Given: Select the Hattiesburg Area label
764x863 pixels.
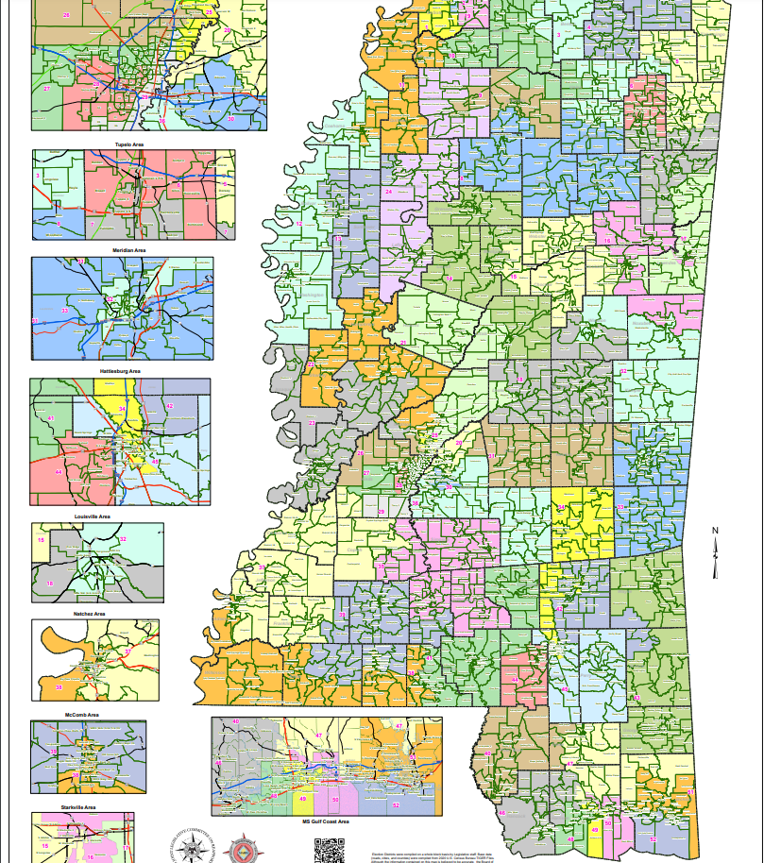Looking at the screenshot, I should click(x=120, y=372).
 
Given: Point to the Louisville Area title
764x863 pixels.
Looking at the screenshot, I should click(x=93, y=517).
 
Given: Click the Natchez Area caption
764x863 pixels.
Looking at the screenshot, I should click(x=89, y=614).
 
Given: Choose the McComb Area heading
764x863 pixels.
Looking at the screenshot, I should click(x=83, y=715).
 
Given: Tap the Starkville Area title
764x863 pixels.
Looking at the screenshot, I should click(x=81, y=807).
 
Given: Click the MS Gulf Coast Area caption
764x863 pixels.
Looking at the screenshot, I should click(x=326, y=822).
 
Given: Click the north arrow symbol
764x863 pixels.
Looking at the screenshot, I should click(x=716, y=552).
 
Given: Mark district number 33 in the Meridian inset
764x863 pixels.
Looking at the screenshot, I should click(x=64, y=311).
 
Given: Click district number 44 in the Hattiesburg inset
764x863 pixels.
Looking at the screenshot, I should click(x=58, y=472).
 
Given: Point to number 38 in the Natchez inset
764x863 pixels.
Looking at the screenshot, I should click(x=59, y=687).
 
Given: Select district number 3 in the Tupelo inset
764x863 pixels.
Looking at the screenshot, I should click(x=38, y=176).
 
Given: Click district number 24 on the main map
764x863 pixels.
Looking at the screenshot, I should click(x=388, y=192).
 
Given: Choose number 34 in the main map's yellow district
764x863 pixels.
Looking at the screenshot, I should click(x=561, y=508).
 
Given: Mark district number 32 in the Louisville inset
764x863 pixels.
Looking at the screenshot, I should click(x=123, y=539).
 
